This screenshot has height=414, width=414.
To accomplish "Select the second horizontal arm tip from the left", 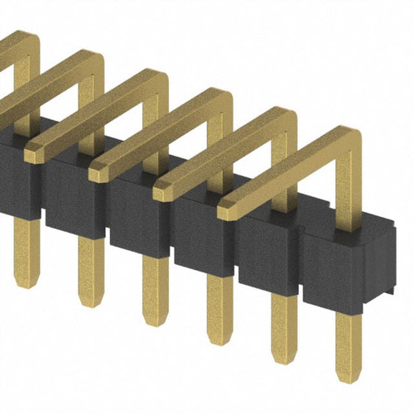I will pyautogui.click(x=98, y=171).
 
